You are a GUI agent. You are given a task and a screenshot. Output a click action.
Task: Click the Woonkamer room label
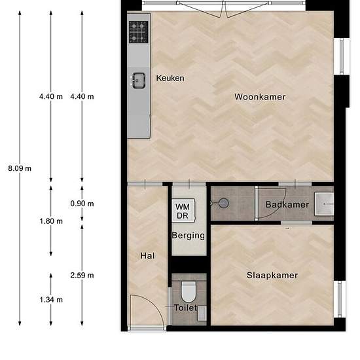point(260,97)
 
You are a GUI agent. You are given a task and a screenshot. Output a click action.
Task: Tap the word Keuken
point(170,79)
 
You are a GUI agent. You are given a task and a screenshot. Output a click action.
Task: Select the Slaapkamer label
point(272,276)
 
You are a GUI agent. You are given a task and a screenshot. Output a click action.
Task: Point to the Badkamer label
point(287,205)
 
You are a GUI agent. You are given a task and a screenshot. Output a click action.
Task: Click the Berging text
point(189,236)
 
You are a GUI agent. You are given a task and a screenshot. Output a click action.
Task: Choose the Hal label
point(147,256)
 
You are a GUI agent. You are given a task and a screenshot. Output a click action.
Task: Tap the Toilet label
point(185,308)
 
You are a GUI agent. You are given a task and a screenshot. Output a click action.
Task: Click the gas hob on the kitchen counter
point(139,32)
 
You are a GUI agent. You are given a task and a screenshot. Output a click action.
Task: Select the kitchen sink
point(139,81)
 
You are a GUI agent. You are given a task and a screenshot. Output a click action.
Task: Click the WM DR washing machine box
point(184,211)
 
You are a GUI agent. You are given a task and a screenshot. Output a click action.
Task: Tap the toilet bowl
point(189,291)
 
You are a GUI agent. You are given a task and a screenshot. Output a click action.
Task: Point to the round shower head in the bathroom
point(223,203)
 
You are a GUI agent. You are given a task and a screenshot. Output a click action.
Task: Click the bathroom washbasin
point(324,204)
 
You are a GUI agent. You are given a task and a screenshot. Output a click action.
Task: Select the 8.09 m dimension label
point(20,168)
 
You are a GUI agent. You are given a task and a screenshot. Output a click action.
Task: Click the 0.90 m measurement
point(82,204)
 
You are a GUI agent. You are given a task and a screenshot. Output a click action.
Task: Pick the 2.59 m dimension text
point(82,276)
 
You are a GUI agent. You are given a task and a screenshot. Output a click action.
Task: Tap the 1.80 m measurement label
point(51,221)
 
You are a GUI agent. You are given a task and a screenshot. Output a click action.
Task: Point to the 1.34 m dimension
point(51,300)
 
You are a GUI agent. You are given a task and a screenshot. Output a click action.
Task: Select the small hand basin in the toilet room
point(202,313)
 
